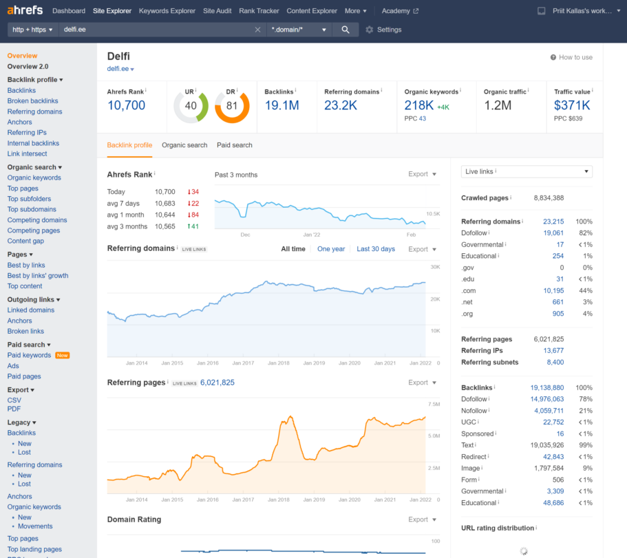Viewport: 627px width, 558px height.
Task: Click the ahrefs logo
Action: pyautogui.click(x=25, y=11)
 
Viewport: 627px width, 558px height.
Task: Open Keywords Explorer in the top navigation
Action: pyautogui.click(x=167, y=11)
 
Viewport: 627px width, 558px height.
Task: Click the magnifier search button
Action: pyautogui.click(x=346, y=30)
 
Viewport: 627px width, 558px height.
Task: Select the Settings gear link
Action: pyautogui.click(x=383, y=30)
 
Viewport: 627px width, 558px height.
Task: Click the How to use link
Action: pyautogui.click(x=571, y=57)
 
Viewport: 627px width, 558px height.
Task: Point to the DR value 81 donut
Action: pyautogui.click(x=231, y=106)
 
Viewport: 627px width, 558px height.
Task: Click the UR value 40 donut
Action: pyautogui.click(x=191, y=106)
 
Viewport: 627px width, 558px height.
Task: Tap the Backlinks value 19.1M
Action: pyautogui.click(x=281, y=105)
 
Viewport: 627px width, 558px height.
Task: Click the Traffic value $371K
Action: pyautogui.click(x=572, y=105)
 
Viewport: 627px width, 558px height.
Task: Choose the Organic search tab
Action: pyautogui.click(x=184, y=145)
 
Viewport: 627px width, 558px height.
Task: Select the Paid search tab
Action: pyautogui.click(x=234, y=145)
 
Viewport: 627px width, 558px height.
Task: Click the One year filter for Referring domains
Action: pyautogui.click(x=331, y=249)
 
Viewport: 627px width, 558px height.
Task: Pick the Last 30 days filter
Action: pyautogui.click(x=376, y=249)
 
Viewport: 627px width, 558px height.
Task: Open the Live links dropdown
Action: pyautogui.click(x=527, y=171)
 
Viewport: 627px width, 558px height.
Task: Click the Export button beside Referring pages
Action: pyautogui.click(x=422, y=383)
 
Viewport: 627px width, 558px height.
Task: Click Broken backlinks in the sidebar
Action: pyautogui.click(x=32, y=101)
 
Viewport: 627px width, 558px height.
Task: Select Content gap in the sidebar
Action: pyautogui.click(x=25, y=242)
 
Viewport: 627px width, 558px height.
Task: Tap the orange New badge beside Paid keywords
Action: pyautogui.click(x=63, y=355)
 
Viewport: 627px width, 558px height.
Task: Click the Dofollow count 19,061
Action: pyautogui.click(x=553, y=233)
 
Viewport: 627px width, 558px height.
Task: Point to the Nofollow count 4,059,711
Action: pyautogui.click(x=549, y=411)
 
